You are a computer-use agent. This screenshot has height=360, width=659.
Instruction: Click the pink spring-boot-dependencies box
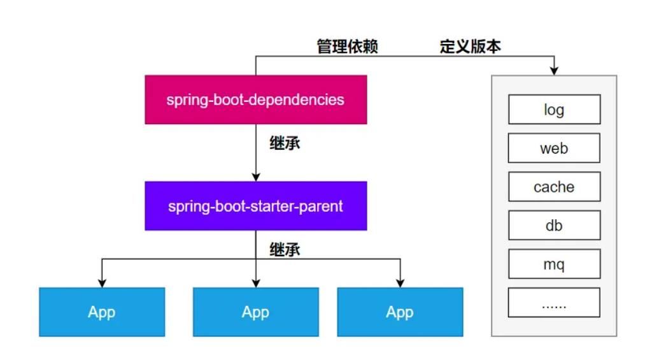pos(255,99)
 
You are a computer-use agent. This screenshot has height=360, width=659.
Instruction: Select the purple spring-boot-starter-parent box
pos(255,206)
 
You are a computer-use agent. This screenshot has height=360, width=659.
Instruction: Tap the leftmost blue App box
pos(102,312)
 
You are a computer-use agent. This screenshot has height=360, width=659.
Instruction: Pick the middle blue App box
pos(255,312)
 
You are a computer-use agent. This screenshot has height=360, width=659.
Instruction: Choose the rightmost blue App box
pos(400,312)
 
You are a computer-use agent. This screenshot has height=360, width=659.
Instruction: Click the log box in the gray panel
pos(554,110)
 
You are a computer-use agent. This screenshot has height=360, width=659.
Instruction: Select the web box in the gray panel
pos(554,148)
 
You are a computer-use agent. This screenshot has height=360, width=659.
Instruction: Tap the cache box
pos(554,187)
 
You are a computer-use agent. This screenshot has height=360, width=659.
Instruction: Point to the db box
pos(554,225)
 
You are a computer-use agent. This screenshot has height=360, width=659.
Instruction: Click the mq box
pos(554,264)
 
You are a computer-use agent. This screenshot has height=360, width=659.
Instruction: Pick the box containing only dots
pos(554,303)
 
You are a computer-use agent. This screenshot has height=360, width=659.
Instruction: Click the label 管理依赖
pos(347,47)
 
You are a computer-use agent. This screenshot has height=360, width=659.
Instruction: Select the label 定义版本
pos(470,47)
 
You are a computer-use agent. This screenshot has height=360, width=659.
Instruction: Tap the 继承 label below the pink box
pos(285,143)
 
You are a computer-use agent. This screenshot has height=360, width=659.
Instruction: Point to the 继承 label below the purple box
pos(285,249)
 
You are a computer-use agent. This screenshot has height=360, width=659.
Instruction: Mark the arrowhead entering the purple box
pos(255,176)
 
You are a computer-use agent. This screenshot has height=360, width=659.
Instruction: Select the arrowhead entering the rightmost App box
pos(400,282)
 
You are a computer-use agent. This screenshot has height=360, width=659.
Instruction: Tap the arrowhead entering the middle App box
pos(255,282)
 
